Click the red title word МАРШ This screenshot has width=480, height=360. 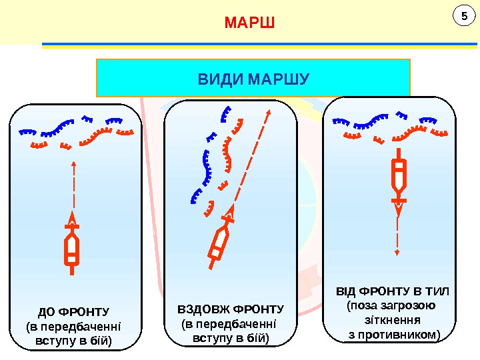249,25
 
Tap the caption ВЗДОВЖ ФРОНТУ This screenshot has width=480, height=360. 230,309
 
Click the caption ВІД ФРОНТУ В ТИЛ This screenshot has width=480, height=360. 393,291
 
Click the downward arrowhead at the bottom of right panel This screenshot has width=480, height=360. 397,253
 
